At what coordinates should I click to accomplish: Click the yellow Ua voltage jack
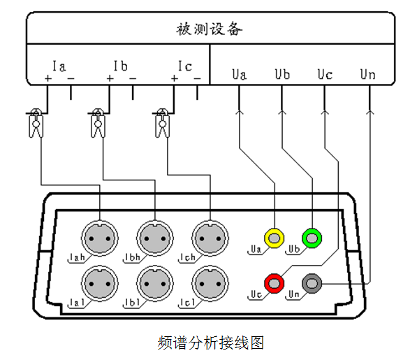pyautogui.click(x=275, y=238)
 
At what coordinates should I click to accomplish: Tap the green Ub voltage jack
pyautogui.click(x=312, y=238)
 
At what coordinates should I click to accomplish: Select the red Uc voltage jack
pyautogui.click(x=275, y=283)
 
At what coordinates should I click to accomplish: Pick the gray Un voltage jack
pyautogui.click(x=312, y=283)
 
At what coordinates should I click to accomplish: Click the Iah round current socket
pyautogui.click(x=100, y=238)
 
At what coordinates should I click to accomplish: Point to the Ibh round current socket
pyautogui.click(x=155, y=238)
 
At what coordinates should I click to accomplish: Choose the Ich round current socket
pyautogui.click(x=210, y=238)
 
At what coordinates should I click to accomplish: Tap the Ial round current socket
pyautogui.click(x=100, y=284)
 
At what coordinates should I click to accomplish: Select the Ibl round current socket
pyautogui.click(x=155, y=284)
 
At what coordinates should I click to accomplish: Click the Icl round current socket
pyautogui.click(x=210, y=284)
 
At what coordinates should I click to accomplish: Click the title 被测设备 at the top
pyautogui.click(x=210, y=29)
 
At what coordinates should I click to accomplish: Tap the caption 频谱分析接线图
pyautogui.click(x=211, y=343)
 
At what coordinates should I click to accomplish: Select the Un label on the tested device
pyautogui.click(x=368, y=74)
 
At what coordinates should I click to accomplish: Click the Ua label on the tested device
pyautogui.click(x=240, y=74)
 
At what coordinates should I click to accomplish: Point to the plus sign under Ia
pyautogui.click(x=48, y=78)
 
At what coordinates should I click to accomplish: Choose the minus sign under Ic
pyautogui.click(x=197, y=78)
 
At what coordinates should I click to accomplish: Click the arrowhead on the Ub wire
pyautogui.click(x=282, y=112)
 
